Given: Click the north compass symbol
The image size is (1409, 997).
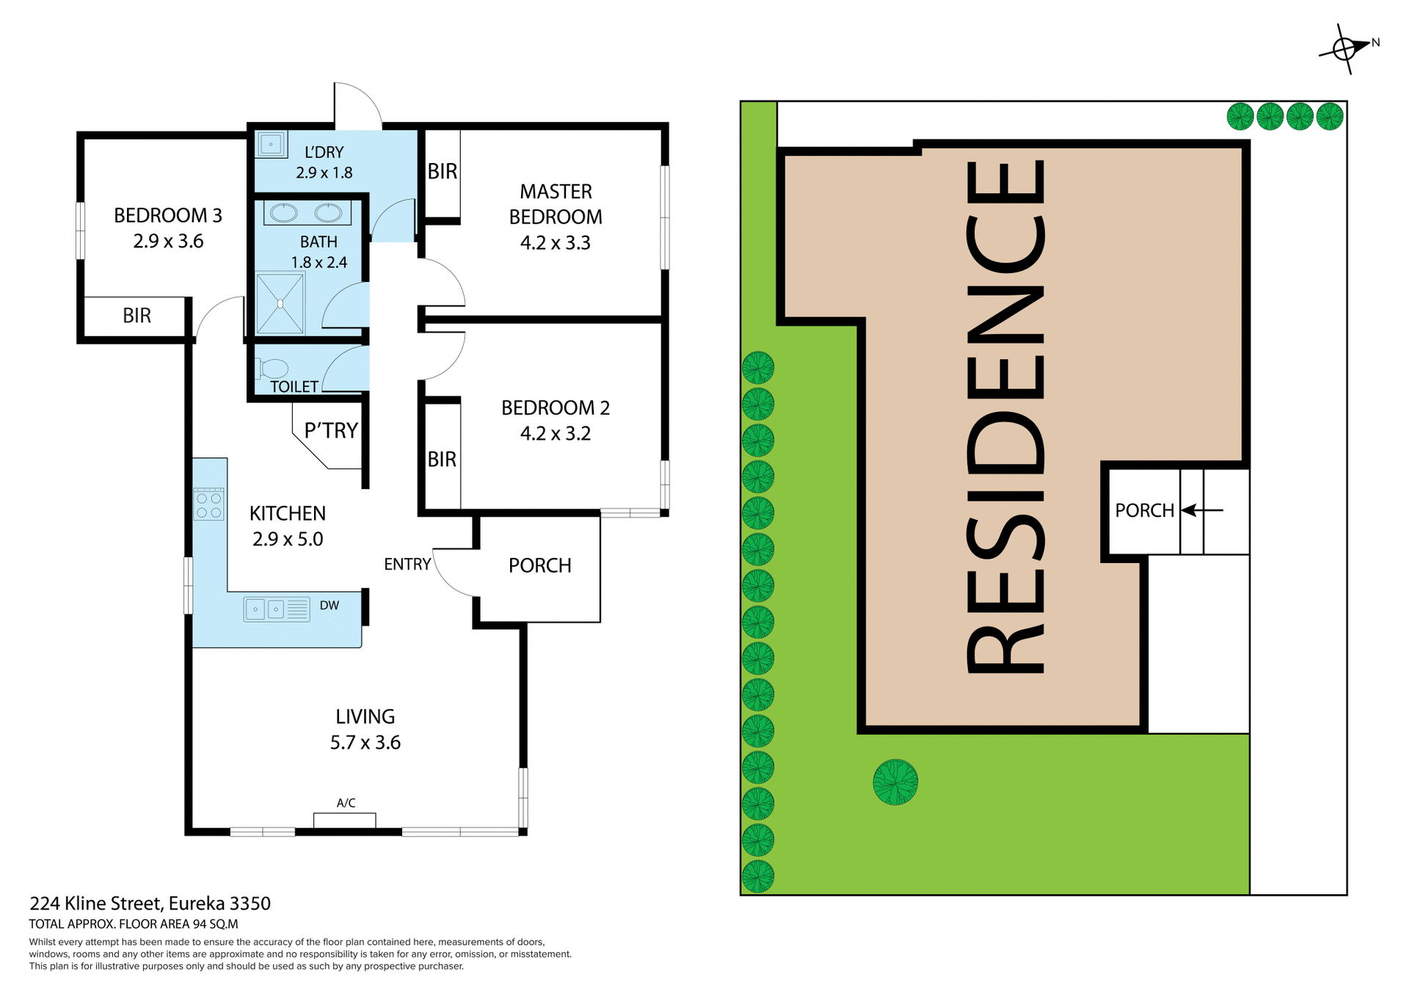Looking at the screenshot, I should pos(1344,48).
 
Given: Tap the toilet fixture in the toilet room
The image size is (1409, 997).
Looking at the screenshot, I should pos(272,368).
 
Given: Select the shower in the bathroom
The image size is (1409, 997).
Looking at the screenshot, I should pos(280,303).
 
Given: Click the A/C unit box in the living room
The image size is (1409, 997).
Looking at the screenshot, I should pos(345,820).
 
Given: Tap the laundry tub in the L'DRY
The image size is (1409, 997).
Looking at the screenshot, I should pos(271,144).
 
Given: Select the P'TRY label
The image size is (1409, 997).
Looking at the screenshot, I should pos(331,430).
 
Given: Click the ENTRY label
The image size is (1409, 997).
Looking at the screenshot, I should pos(407,564).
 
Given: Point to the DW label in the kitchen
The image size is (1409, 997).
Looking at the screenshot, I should pos(330,606).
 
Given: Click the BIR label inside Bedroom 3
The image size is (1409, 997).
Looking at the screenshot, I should pos(136,316).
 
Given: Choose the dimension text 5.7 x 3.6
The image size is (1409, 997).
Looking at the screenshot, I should pos(365,742).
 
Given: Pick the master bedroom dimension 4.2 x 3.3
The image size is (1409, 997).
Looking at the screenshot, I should pos(556,243).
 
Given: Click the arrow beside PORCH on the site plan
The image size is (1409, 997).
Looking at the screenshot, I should pos(1201,510).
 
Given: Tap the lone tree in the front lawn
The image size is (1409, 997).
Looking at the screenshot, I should pos(895,782).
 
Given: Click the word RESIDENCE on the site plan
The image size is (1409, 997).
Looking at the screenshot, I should pos(1005,416).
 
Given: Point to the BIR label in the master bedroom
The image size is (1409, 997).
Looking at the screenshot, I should pos(443,172).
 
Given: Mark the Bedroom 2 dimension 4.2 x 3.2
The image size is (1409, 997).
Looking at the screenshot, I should pos(556,434).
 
